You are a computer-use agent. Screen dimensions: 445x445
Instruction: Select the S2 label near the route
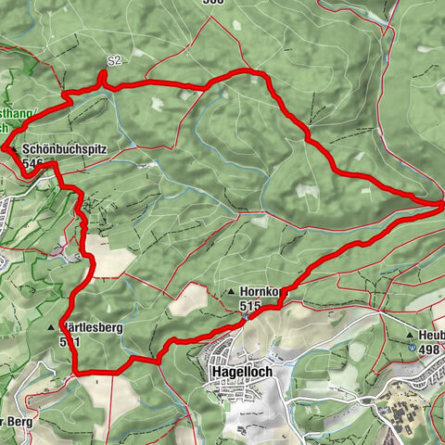click(114, 61)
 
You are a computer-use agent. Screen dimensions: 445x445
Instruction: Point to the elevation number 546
click(36, 163)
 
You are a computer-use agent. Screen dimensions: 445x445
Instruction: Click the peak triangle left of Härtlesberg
click(51, 328)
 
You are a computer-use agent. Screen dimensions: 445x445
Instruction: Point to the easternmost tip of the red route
click(441, 201)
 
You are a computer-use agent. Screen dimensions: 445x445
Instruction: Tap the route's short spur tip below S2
click(101, 73)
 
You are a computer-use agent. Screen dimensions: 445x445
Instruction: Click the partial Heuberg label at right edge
click(432, 335)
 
